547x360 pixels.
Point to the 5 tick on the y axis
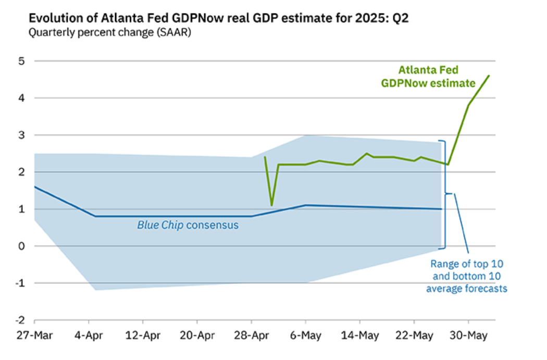(22, 61)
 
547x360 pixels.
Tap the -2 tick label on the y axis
(20, 320)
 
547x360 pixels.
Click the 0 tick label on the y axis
(22, 246)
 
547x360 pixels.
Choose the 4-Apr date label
(89, 335)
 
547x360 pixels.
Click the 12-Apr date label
(143, 335)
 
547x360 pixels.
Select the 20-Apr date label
(197, 335)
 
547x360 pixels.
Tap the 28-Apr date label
(251, 335)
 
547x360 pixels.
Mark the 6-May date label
(306, 335)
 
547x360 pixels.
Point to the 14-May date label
(360, 335)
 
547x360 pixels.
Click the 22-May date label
(414, 335)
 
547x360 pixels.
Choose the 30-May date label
(468, 335)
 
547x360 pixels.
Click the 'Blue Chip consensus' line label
(188, 225)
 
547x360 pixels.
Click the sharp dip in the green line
(271, 205)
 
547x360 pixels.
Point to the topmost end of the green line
(489, 76)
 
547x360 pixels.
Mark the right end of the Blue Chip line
(441, 209)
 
